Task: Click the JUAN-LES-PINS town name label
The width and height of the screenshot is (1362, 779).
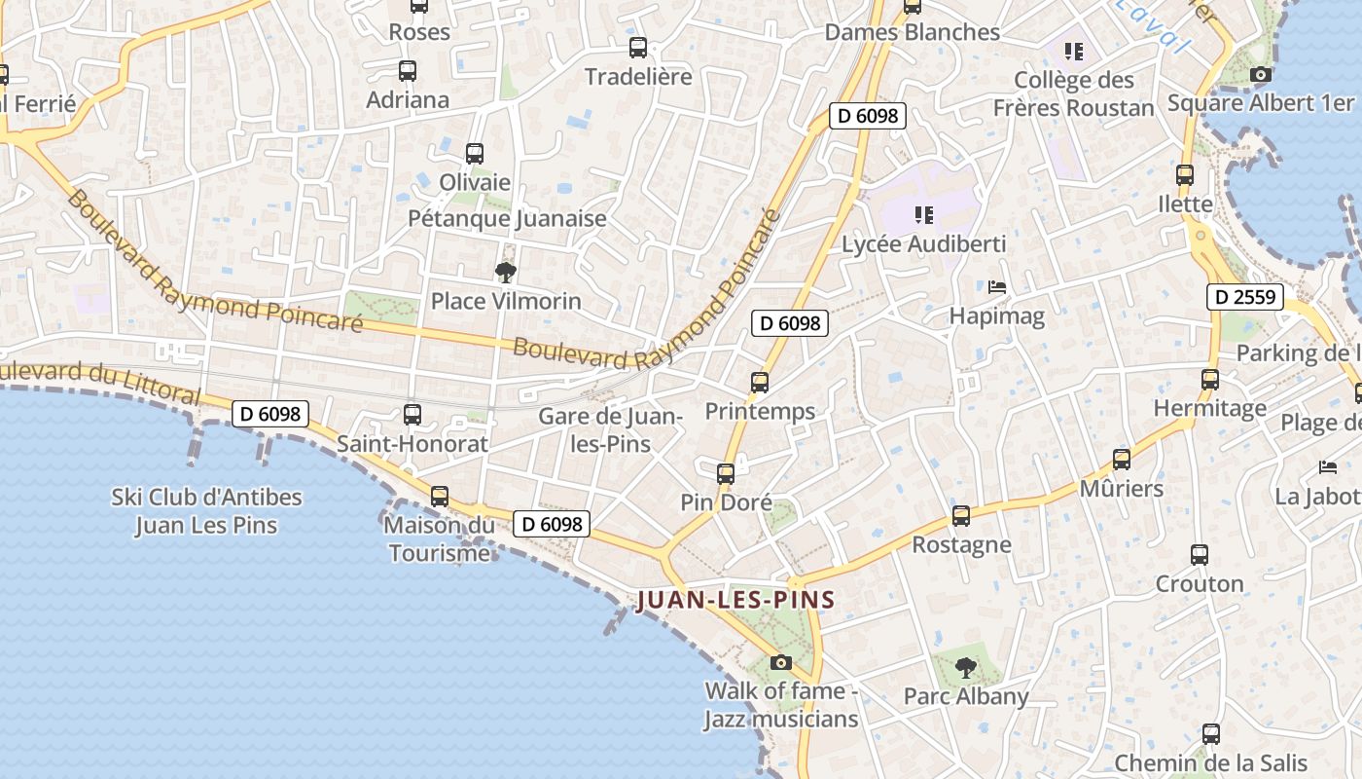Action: click(736, 600)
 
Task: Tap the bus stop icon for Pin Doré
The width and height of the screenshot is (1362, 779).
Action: click(726, 474)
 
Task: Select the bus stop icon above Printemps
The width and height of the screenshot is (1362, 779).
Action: click(760, 383)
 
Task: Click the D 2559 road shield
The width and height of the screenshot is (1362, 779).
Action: click(1245, 297)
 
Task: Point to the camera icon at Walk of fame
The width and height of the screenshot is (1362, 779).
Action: click(780, 663)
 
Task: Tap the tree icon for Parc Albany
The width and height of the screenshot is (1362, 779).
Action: click(965, 668)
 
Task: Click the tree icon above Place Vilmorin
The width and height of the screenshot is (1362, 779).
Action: click(505, 273)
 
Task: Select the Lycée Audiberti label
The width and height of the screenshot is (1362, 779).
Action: click(923, 243)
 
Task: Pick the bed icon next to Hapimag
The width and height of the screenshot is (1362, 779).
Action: click(997, 287)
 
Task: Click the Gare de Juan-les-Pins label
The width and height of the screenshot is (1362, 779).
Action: click(611, 429)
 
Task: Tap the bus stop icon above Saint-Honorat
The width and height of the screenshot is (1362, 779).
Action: click(412, 415)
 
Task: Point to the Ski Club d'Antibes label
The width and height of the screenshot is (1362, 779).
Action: click(206, 511)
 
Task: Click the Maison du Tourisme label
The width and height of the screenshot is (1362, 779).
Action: click(440, 539)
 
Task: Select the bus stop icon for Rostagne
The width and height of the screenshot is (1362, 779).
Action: click(961, 516)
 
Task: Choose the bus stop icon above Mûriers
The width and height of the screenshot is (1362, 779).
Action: click(1122, 460)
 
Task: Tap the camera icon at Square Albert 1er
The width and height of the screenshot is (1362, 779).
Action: click(1260, 74)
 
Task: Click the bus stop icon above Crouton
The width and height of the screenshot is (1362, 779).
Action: click(1200, 555)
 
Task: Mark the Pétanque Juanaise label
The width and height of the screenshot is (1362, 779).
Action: click(507, 218)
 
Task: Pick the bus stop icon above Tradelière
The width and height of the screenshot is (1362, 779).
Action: click(638, 48)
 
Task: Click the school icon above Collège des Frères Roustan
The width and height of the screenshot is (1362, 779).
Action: click(1074, 51)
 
